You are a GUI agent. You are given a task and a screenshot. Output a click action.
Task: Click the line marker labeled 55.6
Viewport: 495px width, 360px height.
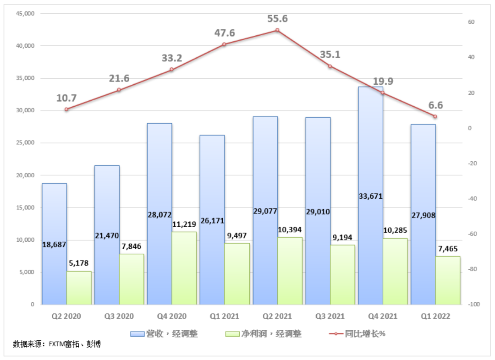tap(277, 30)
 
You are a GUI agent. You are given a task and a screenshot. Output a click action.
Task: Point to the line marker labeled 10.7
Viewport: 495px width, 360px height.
tap(66, 109)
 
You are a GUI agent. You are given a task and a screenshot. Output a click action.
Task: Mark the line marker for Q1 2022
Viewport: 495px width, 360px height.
tap(435, 116)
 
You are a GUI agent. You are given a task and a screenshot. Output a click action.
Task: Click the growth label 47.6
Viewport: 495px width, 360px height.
tap(225, 33)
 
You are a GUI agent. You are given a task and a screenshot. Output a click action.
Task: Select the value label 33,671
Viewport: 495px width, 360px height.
tap(370, 196)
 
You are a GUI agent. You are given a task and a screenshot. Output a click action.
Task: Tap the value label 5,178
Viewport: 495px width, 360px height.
tap(78, 263)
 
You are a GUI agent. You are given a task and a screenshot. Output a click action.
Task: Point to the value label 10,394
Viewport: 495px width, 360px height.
tap(290, 229)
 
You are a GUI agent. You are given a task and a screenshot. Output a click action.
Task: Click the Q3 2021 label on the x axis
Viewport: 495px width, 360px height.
tap(330, 316)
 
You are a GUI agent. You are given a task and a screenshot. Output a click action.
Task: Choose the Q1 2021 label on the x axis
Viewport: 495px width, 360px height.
tap(225, 316)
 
